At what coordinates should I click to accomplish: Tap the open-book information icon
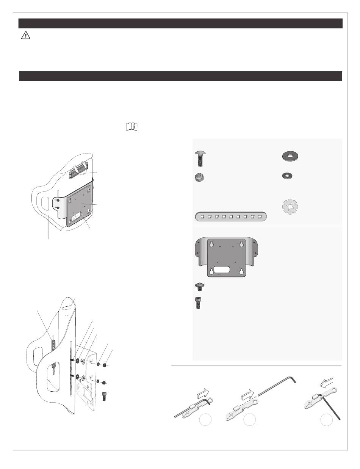tap(131, 127)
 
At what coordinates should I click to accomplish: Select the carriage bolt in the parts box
tap(200, 158)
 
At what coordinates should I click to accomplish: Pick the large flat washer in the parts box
tap(291, 156)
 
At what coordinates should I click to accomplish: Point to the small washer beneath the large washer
tap(288, 176)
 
